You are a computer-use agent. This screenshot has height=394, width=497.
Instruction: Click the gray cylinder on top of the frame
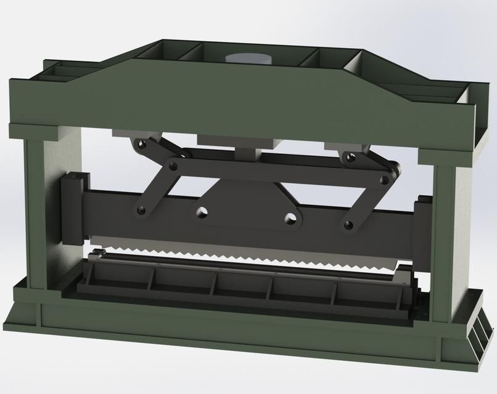248,58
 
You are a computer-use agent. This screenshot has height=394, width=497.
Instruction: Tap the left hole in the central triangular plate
202,212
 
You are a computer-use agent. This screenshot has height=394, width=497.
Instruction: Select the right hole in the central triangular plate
290,217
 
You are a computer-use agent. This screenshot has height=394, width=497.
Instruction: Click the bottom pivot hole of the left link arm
141,211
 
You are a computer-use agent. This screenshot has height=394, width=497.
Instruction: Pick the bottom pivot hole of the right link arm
349,224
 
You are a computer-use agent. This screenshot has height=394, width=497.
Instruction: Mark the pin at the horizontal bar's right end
385,180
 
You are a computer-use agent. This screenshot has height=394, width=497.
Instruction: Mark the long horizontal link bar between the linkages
277,170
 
